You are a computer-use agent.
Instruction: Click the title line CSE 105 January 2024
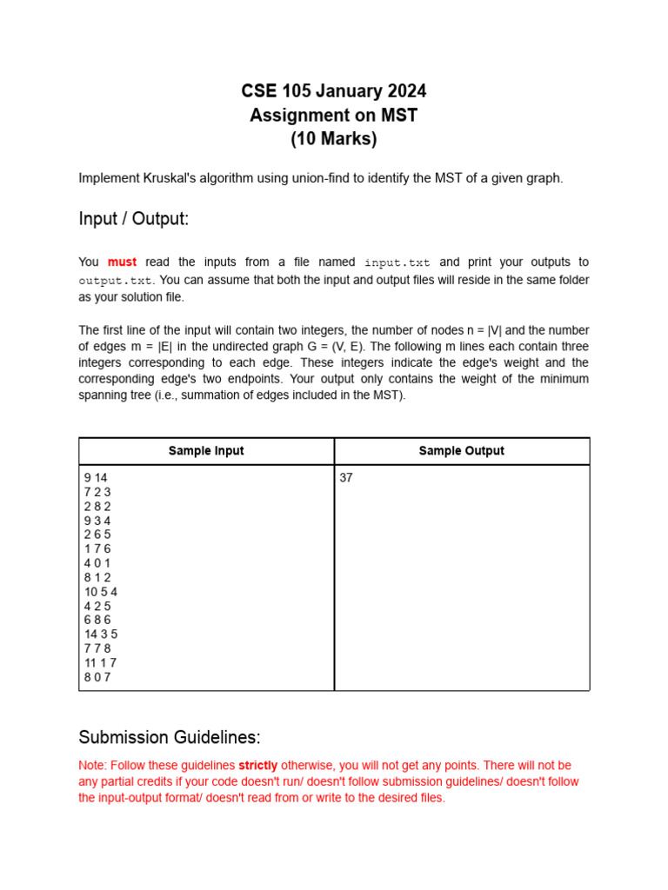tap(334, 91)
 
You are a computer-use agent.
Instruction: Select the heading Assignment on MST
tap(334, 115)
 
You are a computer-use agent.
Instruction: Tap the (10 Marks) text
tap(334, 138)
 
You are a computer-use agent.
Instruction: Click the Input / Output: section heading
tap(133, 219)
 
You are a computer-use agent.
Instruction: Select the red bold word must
tap(122, 262)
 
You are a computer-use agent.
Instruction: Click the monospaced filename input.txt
tap(397, 262)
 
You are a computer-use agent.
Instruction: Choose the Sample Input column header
tap(206, 451)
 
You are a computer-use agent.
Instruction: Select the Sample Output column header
tap(461, 451)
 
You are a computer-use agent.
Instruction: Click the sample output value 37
tap(346, 477)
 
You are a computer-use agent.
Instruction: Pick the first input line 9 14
tap(96, 477)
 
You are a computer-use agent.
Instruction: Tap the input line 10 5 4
tap(101, 591)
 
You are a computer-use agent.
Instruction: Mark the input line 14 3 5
tap(101, 634)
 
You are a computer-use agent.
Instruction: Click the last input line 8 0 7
tap(97, 676)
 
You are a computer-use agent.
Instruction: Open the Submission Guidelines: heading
tap(169, 737)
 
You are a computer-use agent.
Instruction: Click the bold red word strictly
tap(258, 766)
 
